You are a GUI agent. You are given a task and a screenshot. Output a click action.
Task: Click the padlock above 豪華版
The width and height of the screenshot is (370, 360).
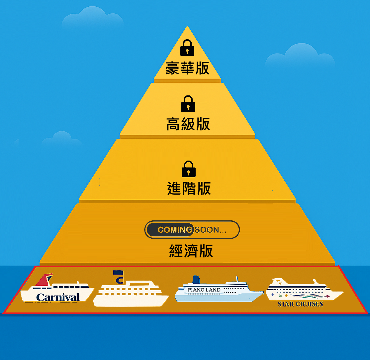[187, 48]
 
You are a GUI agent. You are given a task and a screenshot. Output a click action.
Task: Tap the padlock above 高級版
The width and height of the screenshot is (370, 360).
[188, 104]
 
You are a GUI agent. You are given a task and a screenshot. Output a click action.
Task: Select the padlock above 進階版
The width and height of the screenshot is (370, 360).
[189, 169]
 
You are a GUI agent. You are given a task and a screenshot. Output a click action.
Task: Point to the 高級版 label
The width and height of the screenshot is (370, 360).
[188, 124]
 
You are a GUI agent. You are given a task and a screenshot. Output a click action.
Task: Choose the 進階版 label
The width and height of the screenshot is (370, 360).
[189, 188]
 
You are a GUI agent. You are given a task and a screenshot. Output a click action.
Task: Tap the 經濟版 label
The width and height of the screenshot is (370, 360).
[191, 251]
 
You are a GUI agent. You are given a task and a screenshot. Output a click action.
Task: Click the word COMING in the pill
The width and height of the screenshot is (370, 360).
[175, 230]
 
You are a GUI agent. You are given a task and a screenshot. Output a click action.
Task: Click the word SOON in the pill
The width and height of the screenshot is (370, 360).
[207, 230]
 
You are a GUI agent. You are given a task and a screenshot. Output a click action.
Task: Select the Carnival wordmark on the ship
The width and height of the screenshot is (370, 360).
[58, 297]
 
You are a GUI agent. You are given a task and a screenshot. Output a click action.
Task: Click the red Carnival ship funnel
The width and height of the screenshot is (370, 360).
[45, 280]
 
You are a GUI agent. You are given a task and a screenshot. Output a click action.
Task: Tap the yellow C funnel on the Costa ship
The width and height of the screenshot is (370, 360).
[119, 277]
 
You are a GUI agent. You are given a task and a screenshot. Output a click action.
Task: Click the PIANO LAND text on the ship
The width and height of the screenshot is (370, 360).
[204, 290]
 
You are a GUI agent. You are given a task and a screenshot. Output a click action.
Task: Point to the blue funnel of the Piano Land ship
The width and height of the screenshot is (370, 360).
[196, 280]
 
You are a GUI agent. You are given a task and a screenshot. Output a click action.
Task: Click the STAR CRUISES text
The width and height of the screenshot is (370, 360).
[300, 304]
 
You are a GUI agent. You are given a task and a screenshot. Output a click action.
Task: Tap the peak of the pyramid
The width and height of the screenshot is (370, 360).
[187, 28]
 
